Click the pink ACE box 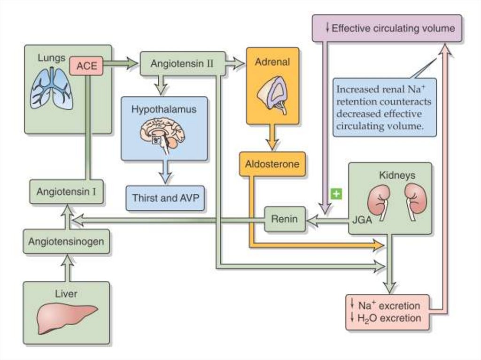tap(86, 66)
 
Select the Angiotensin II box tap(182, 64)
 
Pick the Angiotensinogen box tap(66, 241)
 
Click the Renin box tap(285, 219)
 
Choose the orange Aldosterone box tap(272, 164)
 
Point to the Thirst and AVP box tap(165, 198)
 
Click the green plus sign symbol tap(335, 193)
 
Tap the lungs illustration tap(52, 88)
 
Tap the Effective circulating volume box tap(387, 28)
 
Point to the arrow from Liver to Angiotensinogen tap(67, 268)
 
